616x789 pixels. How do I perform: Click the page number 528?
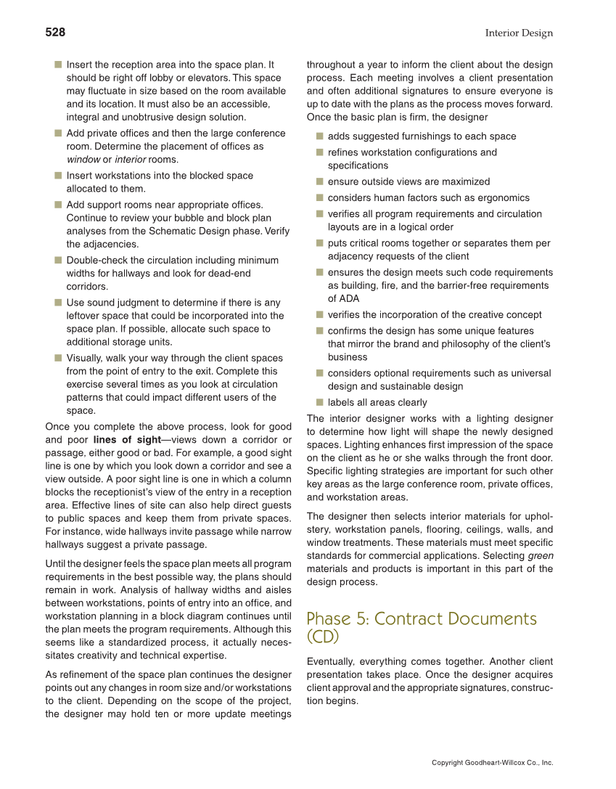pyautogui.click(x=55, y=33)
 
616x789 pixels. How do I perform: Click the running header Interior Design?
pyautogui.click(x=519, y=33)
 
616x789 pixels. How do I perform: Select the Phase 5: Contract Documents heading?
pyautogui.click(x=422, y=627)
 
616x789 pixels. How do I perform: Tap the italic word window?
pyautogui.click(x=83, y=160)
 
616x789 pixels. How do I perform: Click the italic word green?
pyautogui.click(x=541, y=556)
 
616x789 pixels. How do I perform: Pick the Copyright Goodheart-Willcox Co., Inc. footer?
pyautogui.click(x=492, y=763)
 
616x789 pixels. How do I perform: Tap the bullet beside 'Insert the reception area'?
pyautogui.click(x=57, y=65)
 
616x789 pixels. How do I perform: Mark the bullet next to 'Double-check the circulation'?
pyautogui.click(x=57, y=260)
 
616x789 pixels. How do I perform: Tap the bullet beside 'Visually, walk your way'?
pyautogui.click(x=57, y=358)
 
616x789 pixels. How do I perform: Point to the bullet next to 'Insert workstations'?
pyautogui.click(x=57, y=176)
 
